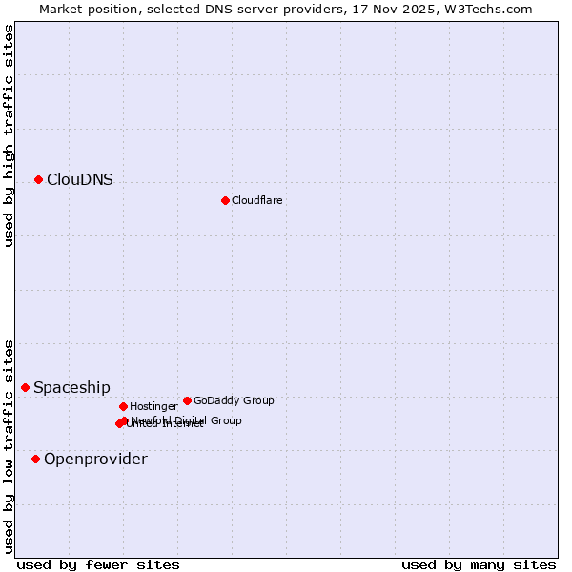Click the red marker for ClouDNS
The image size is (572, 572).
click(38, 179)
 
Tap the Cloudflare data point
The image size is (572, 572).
click(225, 200)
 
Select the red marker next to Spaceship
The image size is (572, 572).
click(26, 387)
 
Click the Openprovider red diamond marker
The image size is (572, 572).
click(35, 459)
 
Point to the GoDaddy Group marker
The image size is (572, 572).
click(187, 400)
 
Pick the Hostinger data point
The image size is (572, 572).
click(123, 406)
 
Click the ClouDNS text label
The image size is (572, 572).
click(79, 179)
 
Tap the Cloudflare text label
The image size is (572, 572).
click(256, 200)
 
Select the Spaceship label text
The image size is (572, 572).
click(71, 388)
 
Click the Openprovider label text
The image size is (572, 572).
click(95, 460)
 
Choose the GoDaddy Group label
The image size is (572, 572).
click(234, 400)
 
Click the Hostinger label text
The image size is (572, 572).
click(153, 406)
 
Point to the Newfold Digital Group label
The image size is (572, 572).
click(186, 419)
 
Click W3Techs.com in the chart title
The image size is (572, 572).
click(498, 9)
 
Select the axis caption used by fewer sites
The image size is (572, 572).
click(98, 564)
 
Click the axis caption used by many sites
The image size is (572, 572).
click(479, 564)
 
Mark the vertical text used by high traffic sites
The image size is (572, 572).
click(9, 135)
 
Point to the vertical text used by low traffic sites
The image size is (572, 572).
click(9, 446)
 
